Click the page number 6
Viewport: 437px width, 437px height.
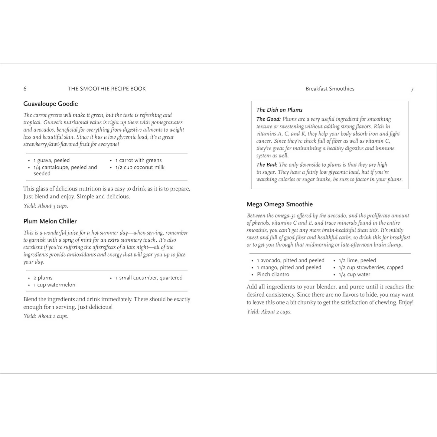[25, 89]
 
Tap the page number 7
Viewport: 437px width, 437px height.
[412, 90]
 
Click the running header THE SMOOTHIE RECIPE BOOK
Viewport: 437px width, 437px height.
[106, 89]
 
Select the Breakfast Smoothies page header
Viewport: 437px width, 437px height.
[330, 89]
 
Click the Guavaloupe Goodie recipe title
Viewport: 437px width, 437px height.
[51, 104]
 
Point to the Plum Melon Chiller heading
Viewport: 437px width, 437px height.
[50, 221]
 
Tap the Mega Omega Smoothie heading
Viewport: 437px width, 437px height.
[279, 204]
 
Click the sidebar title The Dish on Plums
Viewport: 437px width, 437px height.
[279, 110]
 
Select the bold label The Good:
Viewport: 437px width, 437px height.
[269, 119]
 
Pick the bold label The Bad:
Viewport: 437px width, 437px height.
[267, 165]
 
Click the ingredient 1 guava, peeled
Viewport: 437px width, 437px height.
[51, 160]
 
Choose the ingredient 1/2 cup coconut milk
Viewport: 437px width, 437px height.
[140, 167]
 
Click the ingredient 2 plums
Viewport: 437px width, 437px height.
[43, 278]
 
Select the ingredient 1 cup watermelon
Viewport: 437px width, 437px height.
[54, 285]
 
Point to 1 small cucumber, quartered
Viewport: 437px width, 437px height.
[149, 278]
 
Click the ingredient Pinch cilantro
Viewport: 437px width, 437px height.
[273, 274]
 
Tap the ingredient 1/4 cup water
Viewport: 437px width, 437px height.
[354, 275]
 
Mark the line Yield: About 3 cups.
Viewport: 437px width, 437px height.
[46, 206]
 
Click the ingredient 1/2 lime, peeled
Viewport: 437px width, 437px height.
[357, 260]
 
